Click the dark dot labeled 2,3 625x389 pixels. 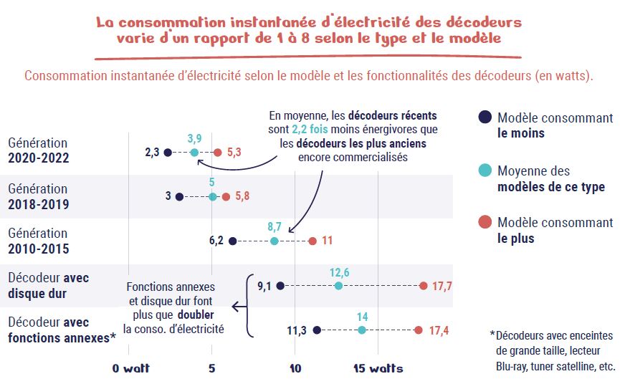168,152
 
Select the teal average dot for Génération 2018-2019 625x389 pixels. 212,196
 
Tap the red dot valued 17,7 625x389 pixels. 424,286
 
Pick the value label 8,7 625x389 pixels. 274,226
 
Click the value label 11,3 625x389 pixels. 297,330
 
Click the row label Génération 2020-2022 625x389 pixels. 39,150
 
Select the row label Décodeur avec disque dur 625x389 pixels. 49,284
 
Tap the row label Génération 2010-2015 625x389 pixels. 39,240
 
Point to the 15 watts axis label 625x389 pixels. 378,369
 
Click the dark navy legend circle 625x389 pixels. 485,117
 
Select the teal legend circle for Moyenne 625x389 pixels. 485,171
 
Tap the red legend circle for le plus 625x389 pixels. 485,223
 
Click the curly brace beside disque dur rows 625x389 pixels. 249,305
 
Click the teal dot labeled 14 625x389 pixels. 362,330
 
